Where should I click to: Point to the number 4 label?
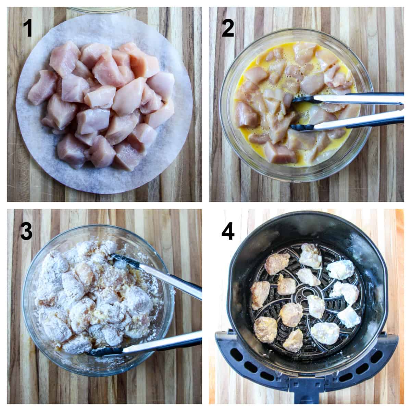tap(228, 231)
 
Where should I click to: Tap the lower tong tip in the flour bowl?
tap(103, 351)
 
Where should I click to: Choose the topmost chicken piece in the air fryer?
tap(310, 255)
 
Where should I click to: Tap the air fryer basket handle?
tap(307, 390)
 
